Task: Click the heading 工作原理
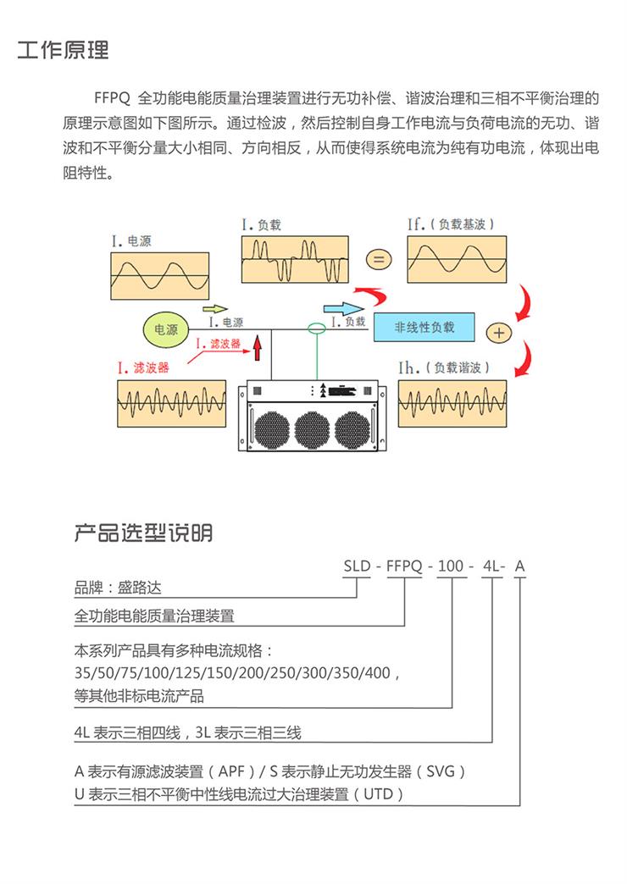click(64, 50)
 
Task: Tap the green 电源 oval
click(166, 329)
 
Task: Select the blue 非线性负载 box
click(424, 327)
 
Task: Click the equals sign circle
click(379, 259)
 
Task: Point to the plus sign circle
click(500, 333)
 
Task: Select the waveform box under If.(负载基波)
click(457, 260)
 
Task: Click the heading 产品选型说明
click(143, 533)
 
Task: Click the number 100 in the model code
click(449, 566)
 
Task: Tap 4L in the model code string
click(491, 566)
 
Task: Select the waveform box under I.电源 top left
click(160, 275)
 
